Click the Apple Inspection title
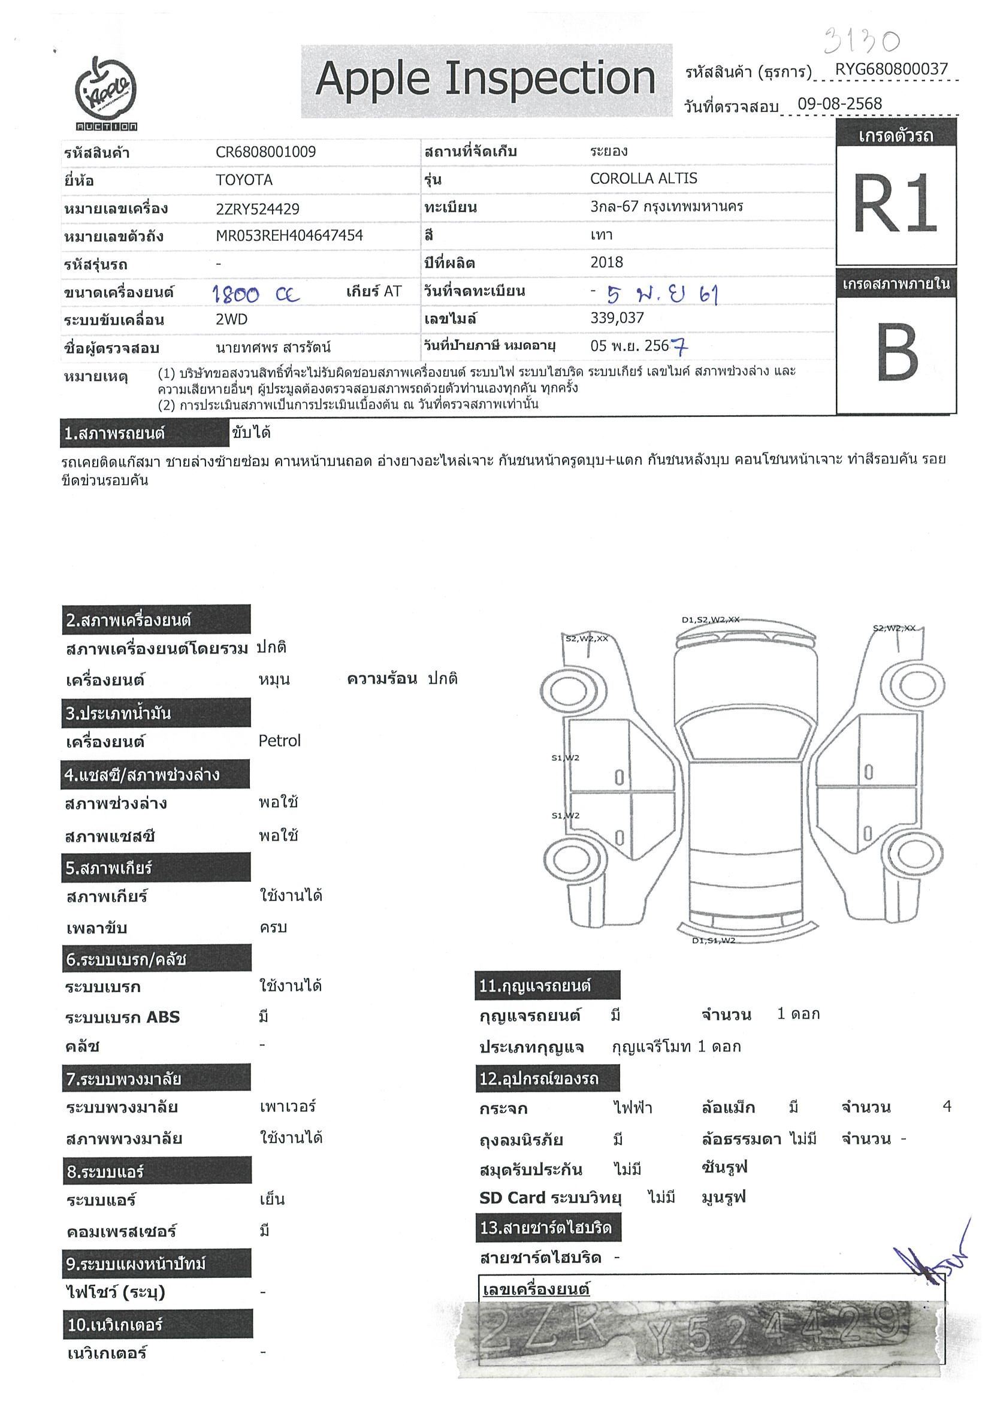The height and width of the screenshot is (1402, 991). (x=485, y=79)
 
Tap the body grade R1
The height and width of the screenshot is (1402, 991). (x=895, y=203)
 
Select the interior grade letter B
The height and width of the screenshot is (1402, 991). (x=896, y=352)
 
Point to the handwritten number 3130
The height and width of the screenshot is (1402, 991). (x=862, y=41)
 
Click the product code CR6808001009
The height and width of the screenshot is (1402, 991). (x=265, y=152)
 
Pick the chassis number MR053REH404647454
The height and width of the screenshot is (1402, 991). (x=289, y=235)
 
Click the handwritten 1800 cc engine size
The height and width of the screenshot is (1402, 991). (x=256, y=295)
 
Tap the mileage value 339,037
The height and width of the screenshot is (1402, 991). (x=617, y=318)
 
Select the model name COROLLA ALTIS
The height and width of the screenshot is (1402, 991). (x=643, y=179)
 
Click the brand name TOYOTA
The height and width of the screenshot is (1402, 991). (x=244, y=180)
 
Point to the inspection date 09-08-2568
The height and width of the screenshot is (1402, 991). (x=839, y=104)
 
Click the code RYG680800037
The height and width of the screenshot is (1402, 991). (x=891, y=69)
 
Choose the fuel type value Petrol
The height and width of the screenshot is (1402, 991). (x=280, y=741)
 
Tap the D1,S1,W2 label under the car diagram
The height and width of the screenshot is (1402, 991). (x=713, y=941)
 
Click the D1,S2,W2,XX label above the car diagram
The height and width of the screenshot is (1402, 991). (x=710, y=620)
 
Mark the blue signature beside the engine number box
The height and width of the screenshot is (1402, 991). (x=929, y=1261)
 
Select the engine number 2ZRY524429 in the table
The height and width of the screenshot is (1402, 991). (x=258, y=209)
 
